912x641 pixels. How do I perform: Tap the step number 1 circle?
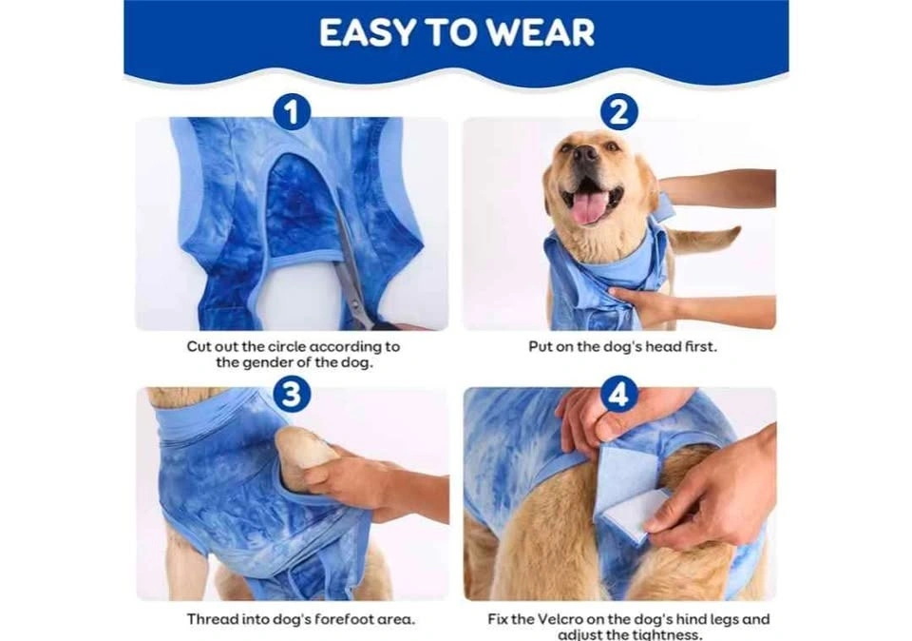click(292, 112)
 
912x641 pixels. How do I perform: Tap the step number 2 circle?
click(618, 112)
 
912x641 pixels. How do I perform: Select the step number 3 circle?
click(292, 394)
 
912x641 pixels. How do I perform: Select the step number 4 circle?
click(618, 394)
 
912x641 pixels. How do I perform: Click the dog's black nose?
click(584, 153)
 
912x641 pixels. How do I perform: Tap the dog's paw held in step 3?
click(302, 451)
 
